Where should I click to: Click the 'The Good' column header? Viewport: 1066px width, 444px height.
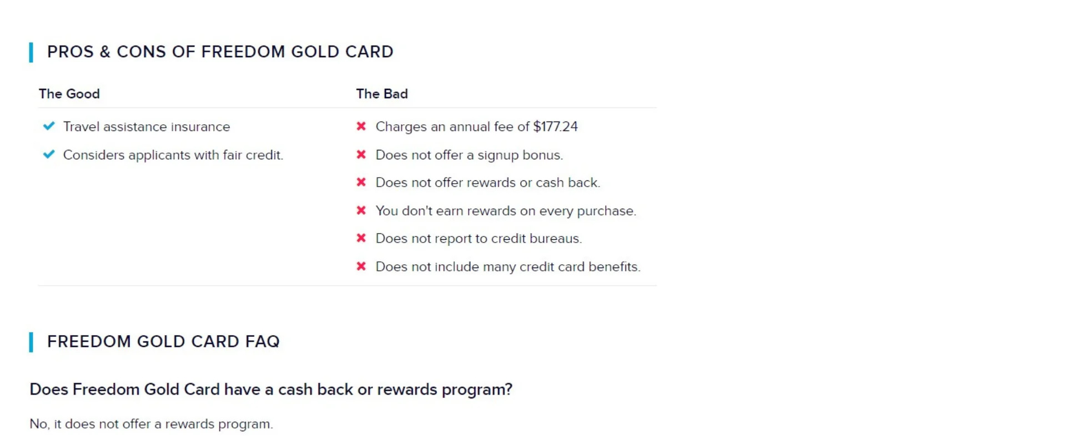click(x=69, y=94)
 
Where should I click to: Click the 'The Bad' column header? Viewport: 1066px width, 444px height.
click(x=382, y=94)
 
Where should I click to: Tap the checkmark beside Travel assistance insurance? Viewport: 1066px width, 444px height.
click(x=49, y=126)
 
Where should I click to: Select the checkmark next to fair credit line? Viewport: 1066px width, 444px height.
click(x=49, y=154)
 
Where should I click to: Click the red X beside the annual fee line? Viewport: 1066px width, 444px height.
click(x=361, y=127)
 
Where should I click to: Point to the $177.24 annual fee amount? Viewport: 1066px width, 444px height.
click(x=555, y=127)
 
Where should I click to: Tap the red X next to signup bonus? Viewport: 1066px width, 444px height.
click(x=361, y=154)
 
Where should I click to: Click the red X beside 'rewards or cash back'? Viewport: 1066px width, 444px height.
click(x=361, y=182)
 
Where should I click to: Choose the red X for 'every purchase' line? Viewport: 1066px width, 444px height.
click(x=361, y=210)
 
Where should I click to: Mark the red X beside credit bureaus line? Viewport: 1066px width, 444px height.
click(x=361, y=238)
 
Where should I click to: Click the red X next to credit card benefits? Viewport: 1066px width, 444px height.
click(x=361, y=266)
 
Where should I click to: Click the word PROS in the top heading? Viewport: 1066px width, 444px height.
click(x=71, y=52)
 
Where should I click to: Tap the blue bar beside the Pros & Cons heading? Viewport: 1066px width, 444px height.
click(x=31, y=52)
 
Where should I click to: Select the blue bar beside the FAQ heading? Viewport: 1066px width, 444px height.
click(x=31, y=342)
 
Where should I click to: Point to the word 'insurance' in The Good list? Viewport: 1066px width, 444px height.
click(x=200, y=127)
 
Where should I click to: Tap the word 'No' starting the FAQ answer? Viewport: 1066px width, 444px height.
click(x=38, y=424)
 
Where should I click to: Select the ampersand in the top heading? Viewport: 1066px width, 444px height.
click(x=105, y=52)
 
